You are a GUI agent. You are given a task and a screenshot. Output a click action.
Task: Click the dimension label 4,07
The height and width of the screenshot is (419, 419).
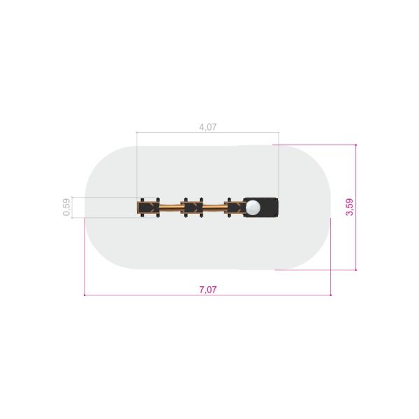[208, 127]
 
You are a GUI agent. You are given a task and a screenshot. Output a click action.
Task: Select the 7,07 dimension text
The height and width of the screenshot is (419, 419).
[208, 290]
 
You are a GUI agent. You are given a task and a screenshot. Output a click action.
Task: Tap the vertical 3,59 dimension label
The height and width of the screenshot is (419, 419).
[350, 207]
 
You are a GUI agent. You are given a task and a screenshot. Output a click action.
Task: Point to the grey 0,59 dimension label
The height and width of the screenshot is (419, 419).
[66, 207]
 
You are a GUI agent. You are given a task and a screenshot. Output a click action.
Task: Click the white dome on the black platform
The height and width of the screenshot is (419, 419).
[253, 207]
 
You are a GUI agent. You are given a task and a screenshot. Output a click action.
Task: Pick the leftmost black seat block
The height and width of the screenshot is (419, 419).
[148, 207]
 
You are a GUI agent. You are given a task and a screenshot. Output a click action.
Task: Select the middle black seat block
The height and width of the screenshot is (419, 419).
[193, 207]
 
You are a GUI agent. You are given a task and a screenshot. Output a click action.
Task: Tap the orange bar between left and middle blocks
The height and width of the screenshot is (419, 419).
[170, 207]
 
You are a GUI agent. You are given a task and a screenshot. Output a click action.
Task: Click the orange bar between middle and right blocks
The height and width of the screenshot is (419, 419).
[214, 207]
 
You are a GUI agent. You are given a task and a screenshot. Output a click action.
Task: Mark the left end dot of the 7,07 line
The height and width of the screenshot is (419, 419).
[84, 295]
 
